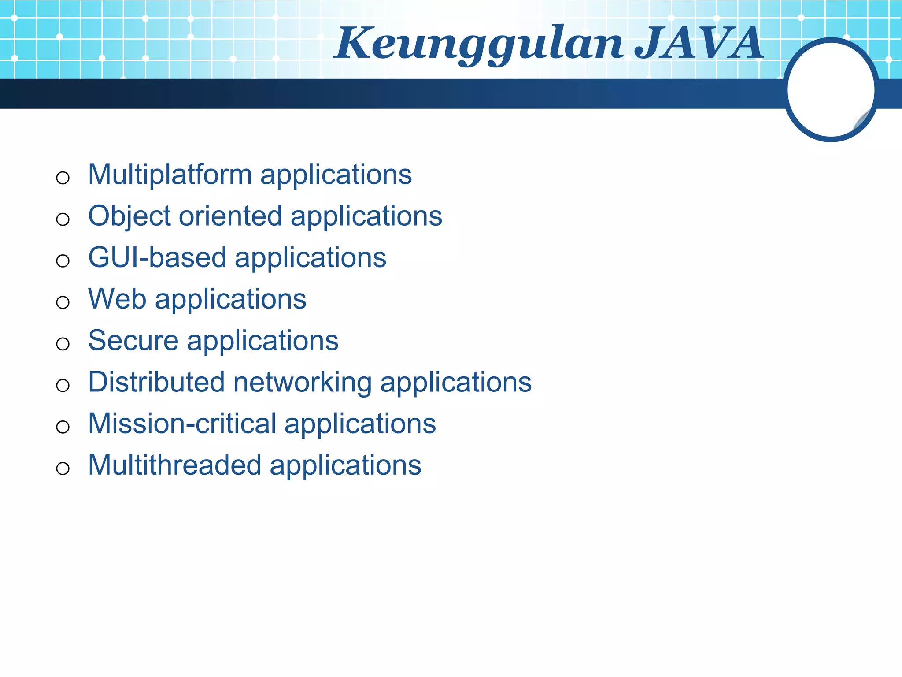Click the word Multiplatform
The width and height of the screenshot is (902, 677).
point(170,175)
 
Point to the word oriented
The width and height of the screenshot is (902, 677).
point(230,216)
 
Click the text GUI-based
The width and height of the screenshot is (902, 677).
point(157,257)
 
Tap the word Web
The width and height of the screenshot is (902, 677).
point(117,299)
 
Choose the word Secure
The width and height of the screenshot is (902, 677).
point(133,340)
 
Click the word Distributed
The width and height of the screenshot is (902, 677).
point(156,382)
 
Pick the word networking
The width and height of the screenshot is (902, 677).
point(302,382)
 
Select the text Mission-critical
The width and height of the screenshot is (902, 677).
point(182,424)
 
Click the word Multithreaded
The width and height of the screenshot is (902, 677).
point(174,465)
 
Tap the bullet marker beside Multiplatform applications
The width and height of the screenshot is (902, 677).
point(63,178)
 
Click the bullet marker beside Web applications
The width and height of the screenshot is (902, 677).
point(63,302)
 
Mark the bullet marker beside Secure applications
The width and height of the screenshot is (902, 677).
point(63,344)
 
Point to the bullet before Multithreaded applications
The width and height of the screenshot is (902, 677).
point(63,469)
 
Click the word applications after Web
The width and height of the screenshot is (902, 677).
point(230,300)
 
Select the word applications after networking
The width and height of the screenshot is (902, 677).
point(456,383)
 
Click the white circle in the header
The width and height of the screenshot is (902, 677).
point(831,90)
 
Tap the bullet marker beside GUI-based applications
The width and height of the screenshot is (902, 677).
point(63,261)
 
